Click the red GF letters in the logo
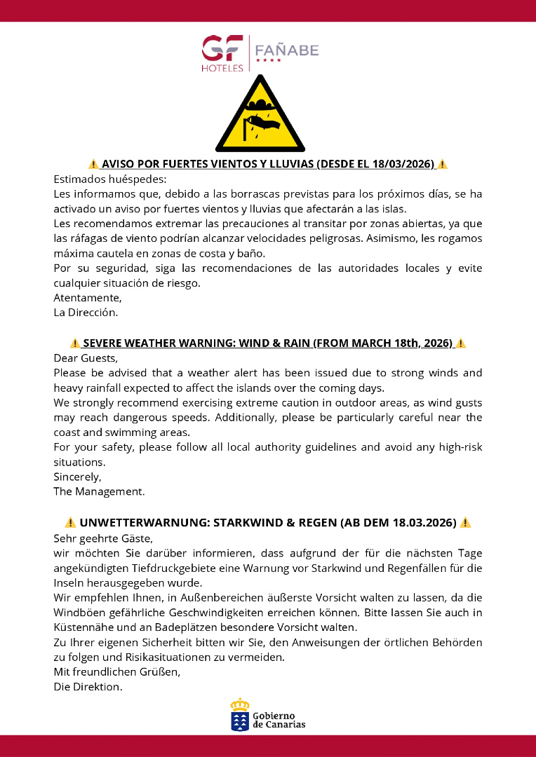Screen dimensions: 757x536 coord(222,48)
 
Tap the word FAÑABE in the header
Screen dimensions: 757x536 coord(286,50)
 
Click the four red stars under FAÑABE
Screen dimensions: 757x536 coord(268,61)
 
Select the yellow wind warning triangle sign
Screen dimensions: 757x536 coord(260,116)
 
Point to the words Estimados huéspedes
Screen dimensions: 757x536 coord(109,179)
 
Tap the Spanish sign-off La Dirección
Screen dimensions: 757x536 coord(86,312)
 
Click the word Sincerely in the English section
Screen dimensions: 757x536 coord(77,477)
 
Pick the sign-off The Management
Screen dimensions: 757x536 coord(99,491)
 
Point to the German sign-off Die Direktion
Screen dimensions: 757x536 coord(88,687)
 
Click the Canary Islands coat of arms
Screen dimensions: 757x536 coord(240,715)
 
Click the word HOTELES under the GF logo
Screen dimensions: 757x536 coord(222,68)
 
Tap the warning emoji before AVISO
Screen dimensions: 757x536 coord(93,164)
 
